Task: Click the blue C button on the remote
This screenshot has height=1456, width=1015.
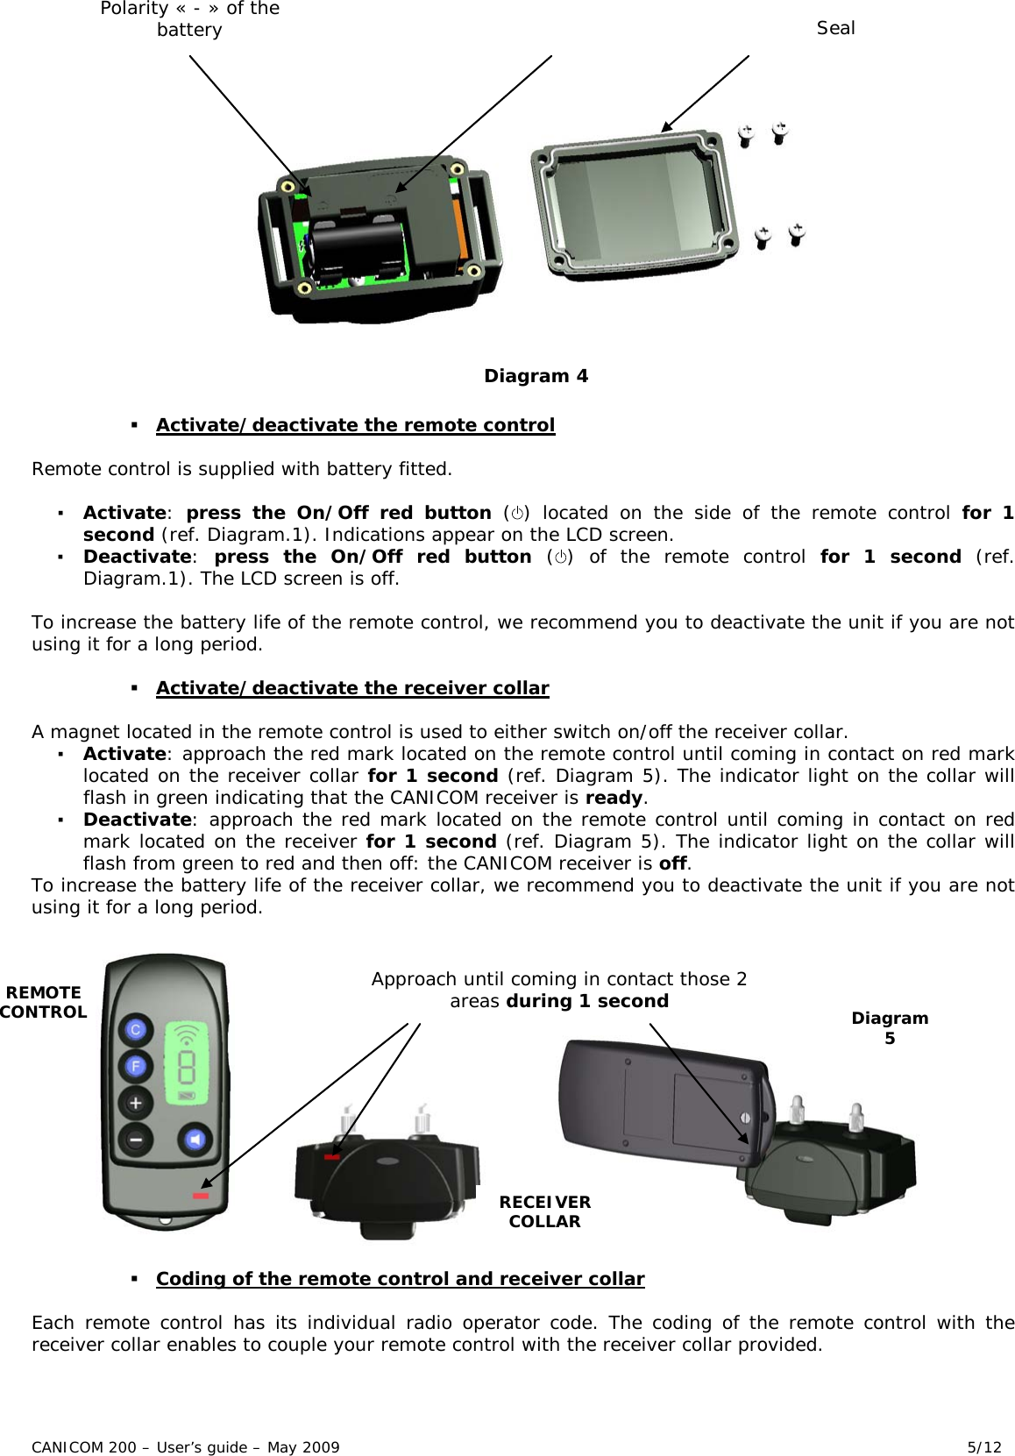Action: [136, 1030]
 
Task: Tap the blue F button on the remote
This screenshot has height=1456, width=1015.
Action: [136, 1066]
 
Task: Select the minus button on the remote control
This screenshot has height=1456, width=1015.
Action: [136, 1139]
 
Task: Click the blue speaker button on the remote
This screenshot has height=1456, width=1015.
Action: [195, 1139]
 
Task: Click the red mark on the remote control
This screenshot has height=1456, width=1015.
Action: [202, 1196]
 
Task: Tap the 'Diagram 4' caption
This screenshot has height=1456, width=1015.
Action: [536, 376]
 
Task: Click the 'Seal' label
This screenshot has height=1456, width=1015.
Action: [835, 28]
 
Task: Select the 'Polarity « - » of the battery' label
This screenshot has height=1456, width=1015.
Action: [189, 18]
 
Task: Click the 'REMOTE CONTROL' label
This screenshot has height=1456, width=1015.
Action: [43, 1002]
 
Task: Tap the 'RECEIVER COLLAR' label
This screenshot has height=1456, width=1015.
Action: [544, 1211]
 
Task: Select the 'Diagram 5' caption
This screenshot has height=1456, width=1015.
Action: [890, 1027]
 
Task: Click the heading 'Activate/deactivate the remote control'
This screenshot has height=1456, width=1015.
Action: [355, 425]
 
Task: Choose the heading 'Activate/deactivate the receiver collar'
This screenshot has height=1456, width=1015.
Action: [352, 688]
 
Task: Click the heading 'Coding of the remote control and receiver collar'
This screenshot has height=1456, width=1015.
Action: [400, 1279]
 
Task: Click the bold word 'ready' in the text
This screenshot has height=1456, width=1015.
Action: [614, 798]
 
